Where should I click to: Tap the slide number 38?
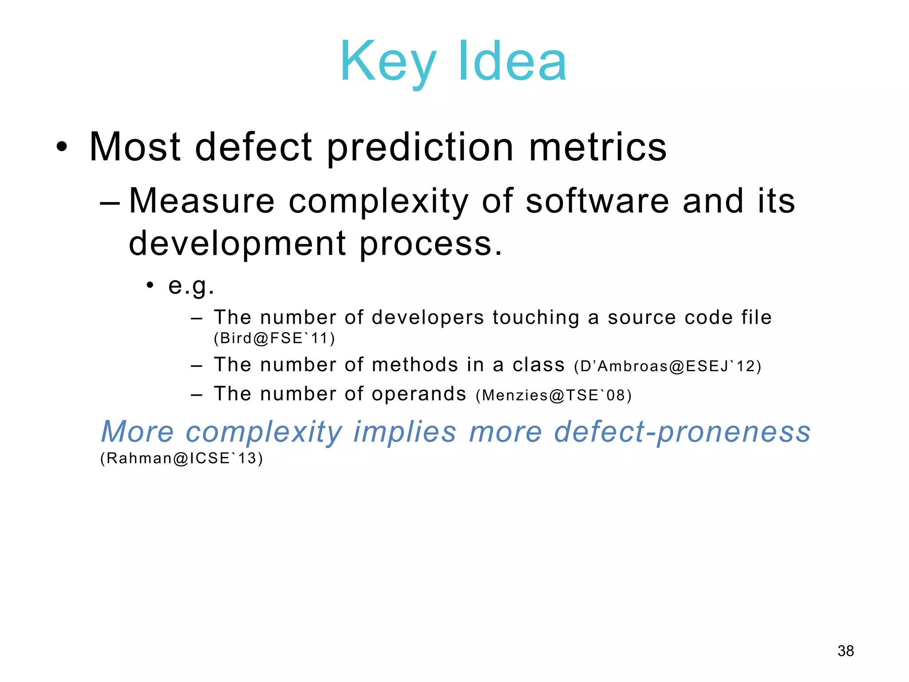(846, 651)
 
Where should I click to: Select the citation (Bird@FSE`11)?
(274, 338)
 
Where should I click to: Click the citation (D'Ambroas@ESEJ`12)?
(668, 366)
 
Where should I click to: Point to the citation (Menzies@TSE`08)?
(553, 395)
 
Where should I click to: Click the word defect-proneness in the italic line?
(682, 432)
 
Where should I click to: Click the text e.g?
(191, 285)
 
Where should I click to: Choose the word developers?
(428, 317)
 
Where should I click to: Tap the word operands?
(419, 394)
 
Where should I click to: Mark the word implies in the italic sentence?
(405, 432)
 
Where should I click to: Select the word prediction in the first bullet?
(420, 147)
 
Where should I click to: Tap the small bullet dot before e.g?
(150, 285)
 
